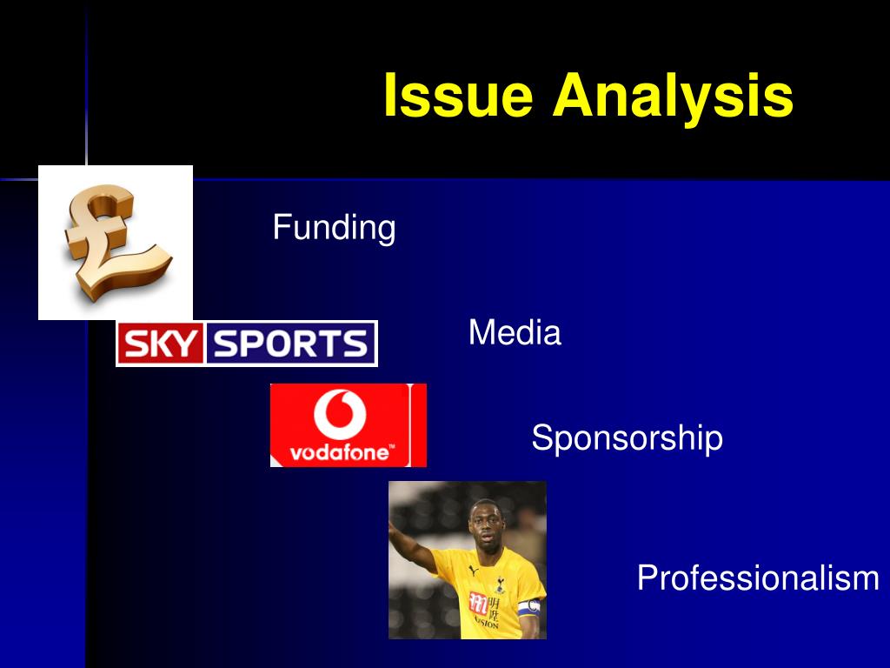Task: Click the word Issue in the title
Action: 459,96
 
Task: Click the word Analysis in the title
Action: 674,96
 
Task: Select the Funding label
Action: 335,228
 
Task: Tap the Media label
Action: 515,333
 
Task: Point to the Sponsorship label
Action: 628,438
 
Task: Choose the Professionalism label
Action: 758,578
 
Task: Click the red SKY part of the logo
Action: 161,344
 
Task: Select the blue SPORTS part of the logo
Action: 290,344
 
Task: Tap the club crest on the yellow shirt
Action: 500,584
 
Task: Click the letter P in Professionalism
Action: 648,578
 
